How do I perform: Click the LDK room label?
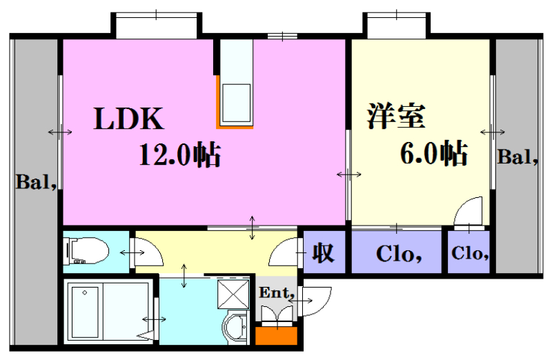click(x=129, y=119)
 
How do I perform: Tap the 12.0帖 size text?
click(x=180, y=154)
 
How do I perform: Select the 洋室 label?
click(x=396, y=116)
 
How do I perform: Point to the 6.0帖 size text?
click(x=434, y=153)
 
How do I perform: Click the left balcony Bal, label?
click(x=37, y=182)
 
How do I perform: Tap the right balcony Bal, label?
click(x=517, y=157)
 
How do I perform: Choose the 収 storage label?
click(x=323, y=252)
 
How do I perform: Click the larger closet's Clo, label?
click(x=399, y=253)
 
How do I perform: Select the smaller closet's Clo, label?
click(x=470, y=252)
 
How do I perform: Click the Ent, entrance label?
click(x=277, y=292)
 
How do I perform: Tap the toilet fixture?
click(x=86, y=250)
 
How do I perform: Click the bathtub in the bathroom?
click(x=85, y=312)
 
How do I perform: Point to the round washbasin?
click(x=235, y=328)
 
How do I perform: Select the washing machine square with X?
click(x=233, y=294)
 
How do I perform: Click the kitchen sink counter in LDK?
click(x=236, y=103)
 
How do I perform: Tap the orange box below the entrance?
click(x=277, y=336)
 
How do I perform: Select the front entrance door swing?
click(x=317, y=301)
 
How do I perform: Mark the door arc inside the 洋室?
click(x=469, y=211)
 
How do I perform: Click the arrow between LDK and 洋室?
click(x=349, y=174)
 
